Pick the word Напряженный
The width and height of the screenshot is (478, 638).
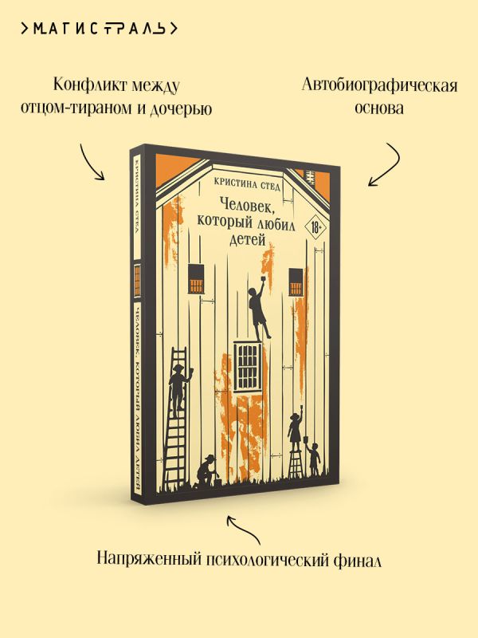pos(145,560)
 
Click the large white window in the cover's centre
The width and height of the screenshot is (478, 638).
pos(248,362)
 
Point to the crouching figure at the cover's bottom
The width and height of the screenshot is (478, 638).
pos(207,471)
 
